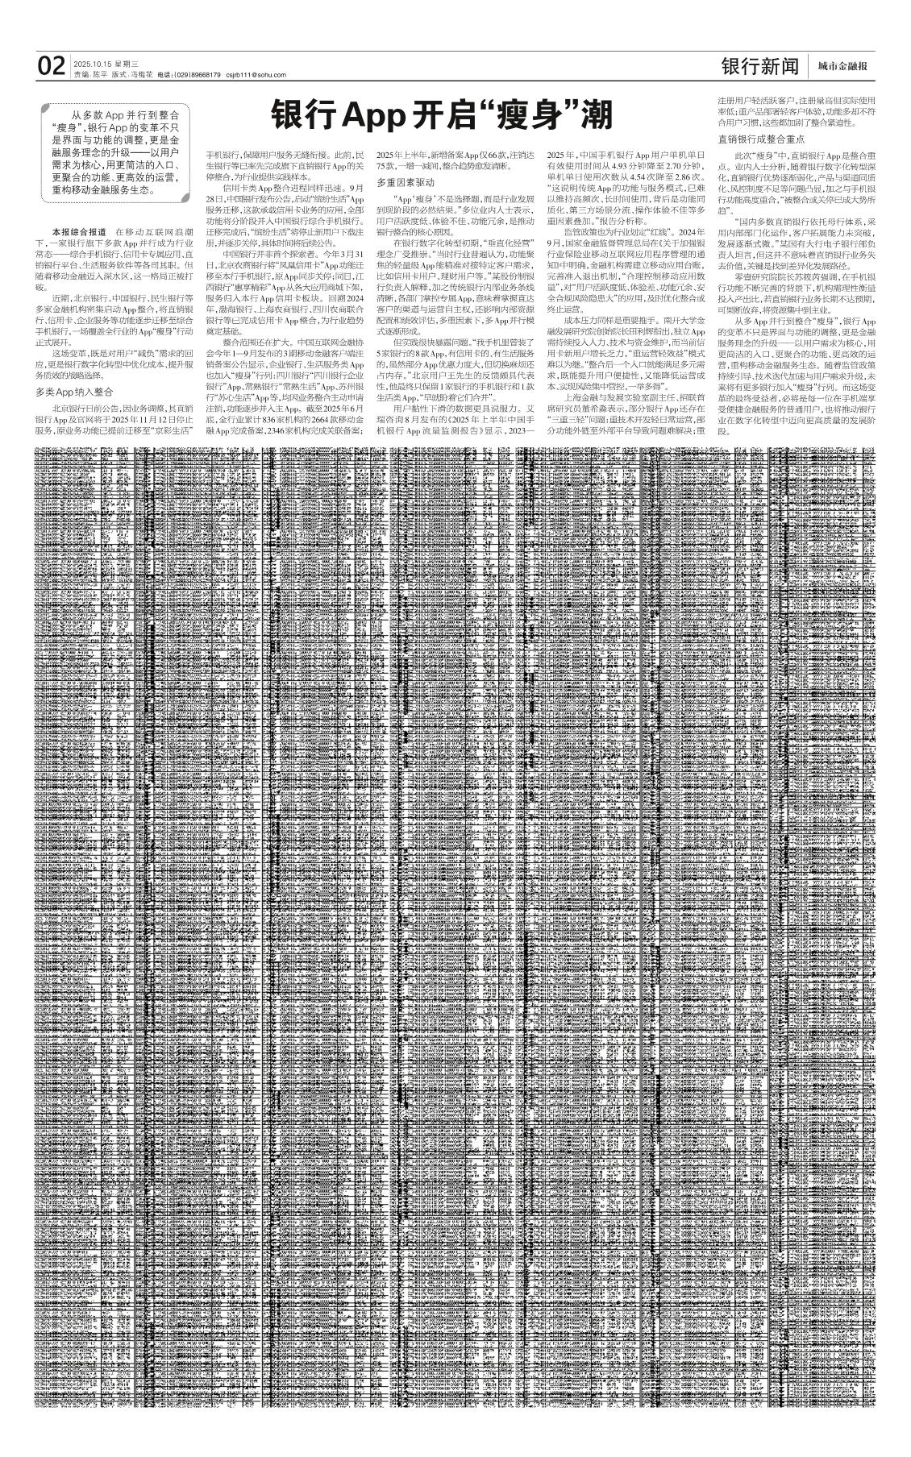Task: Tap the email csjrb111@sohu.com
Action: (x=256, y=75)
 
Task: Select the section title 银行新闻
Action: (x=759, y=67)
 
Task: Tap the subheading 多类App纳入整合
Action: (x=74, y=392)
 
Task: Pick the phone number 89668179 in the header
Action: (x=202, y=75)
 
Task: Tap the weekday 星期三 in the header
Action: (x=127, y=63)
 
